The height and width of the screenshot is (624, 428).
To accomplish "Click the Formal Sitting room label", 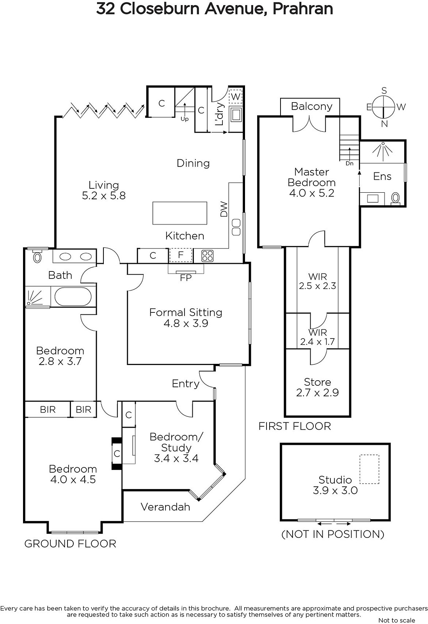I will coord(186,312).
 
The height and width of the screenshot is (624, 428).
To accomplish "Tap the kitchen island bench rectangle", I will coord(179,213).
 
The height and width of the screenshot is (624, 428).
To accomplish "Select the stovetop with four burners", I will coord(207,256).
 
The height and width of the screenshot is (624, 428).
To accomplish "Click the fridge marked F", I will coord(181,255).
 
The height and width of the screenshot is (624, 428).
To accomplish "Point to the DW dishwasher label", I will coord(224,209).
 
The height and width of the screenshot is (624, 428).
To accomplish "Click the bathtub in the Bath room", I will coord(73,297).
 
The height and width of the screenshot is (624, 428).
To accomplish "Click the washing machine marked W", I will coord(236,96).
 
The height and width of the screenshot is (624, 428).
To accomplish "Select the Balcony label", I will coord(311,106).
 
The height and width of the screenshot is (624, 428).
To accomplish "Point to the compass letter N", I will coord(384,124).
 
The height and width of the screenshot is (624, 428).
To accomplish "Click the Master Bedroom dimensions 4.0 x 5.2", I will coord(312,193).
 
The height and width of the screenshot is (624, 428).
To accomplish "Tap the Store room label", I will coord(317,382).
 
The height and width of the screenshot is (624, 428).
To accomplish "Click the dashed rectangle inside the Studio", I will coord(369,469).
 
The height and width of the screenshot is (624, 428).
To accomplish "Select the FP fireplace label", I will coord(186,278).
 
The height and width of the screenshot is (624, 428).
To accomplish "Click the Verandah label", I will coord(165,507).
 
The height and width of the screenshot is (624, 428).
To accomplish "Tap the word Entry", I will coord(185,384).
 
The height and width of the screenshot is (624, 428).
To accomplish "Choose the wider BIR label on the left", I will coord(48,409).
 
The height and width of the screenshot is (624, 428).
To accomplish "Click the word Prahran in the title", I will coord(302,9).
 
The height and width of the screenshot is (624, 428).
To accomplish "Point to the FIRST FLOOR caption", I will coord(295,426).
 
